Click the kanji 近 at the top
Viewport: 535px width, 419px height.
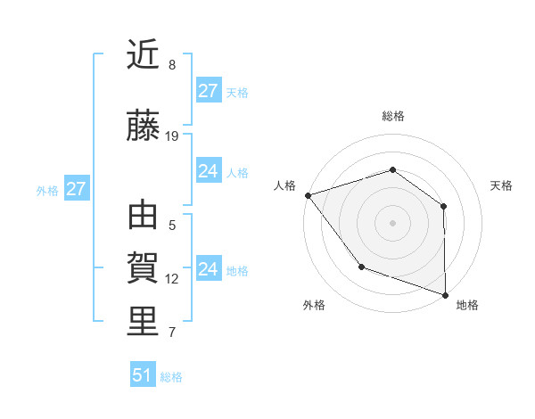143,55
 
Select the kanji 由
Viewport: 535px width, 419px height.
143,217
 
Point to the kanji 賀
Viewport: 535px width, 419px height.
143,268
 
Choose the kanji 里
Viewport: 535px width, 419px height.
143,322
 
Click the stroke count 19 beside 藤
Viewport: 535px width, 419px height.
173,136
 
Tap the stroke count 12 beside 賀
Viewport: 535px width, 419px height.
172,279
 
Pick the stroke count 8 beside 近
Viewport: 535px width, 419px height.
172,65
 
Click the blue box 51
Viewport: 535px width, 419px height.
143,375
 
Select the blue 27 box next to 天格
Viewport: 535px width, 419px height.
209,91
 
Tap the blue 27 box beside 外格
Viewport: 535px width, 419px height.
76,189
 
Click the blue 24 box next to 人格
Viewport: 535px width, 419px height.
209,171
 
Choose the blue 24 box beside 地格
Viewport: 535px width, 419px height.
209,269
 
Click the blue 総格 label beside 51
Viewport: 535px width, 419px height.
171,377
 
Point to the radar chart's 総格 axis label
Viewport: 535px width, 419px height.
392,116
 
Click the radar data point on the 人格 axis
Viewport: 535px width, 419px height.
308,194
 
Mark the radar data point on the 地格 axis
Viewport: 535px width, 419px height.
444,293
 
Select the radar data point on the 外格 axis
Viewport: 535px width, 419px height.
361,266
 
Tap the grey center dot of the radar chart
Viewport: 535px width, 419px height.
392,222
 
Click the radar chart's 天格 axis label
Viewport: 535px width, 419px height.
501,185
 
